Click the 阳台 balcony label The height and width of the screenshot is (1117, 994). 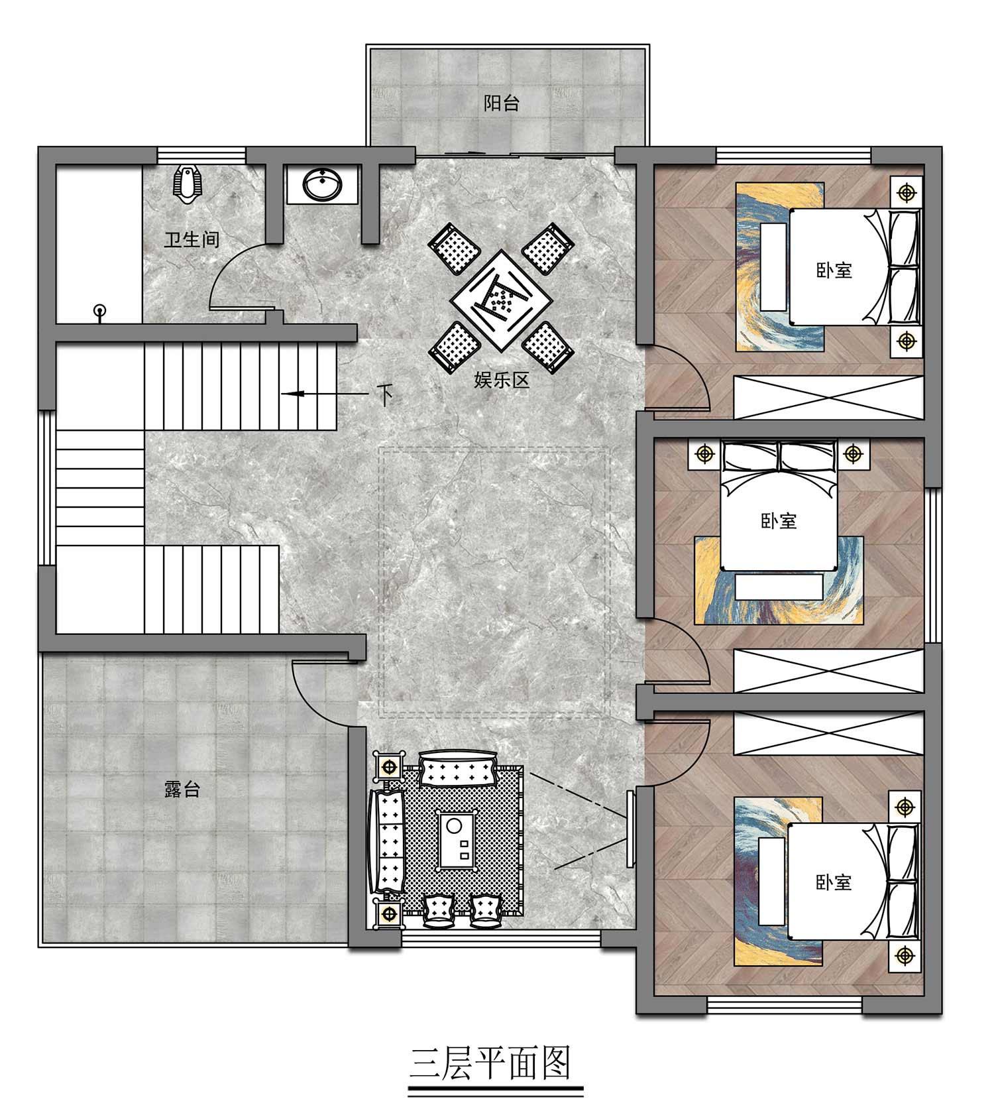(501, 103)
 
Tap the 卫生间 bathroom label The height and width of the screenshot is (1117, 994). (192, 239)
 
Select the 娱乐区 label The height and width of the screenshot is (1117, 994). (502, 380)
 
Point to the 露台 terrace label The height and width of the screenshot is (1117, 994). (182, 790)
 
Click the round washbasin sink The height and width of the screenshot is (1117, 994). (323, 184)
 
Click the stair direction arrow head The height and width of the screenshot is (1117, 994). (292, 394)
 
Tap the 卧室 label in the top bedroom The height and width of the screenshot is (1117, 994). (834, 270)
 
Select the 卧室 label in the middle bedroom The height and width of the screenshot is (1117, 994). (779, 520)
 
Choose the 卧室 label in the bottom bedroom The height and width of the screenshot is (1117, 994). (834, 882)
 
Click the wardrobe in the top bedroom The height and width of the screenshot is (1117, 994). (829, 398)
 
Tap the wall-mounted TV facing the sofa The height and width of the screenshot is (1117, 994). (631, 829)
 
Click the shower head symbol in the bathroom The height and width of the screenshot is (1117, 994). (100, 312)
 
